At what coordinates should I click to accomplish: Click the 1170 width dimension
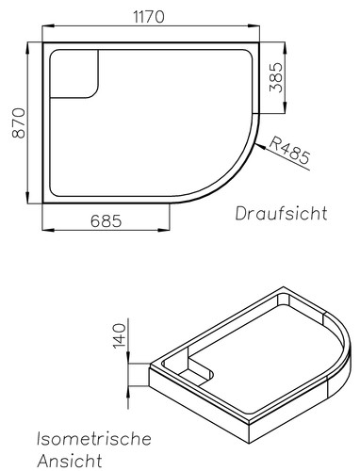click(149, 17)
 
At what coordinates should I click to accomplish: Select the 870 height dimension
click(19, 123)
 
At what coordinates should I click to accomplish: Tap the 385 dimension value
click(276, 77)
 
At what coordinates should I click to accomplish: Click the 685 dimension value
click(106, 221)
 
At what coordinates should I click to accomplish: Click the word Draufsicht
click(282, 213)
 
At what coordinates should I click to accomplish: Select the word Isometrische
click(94, 439)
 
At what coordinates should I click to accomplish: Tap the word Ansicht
click(70, 461)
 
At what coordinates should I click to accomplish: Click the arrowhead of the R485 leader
click(260, 146)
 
